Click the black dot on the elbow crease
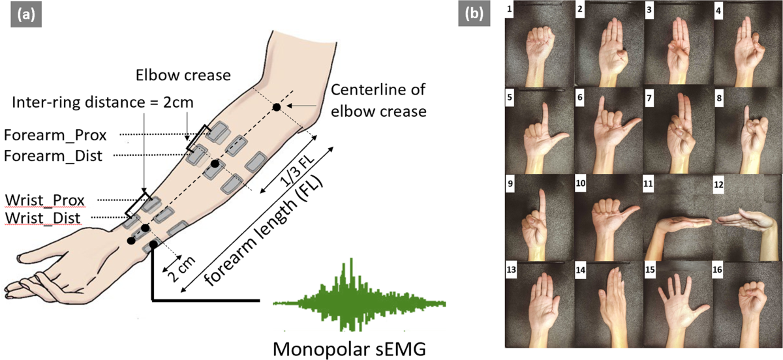(x=277, y=106)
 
